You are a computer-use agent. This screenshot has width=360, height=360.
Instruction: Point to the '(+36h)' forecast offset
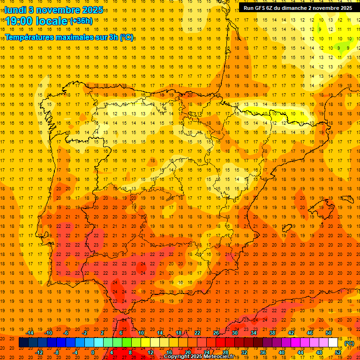coord(81,21)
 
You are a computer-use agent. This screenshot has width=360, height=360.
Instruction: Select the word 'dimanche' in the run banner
coord(295,8)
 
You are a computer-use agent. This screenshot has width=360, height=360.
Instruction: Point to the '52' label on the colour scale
coord(338,352)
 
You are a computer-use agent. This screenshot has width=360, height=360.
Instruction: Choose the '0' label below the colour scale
coord(93,352)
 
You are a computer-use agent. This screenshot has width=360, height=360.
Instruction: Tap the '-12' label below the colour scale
coord(39,352)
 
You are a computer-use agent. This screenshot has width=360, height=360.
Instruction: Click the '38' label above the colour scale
coord(272,333)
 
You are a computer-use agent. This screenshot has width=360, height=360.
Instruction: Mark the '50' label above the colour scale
coord(329,333)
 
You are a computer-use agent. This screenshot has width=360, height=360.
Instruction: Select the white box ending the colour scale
coord(333,343)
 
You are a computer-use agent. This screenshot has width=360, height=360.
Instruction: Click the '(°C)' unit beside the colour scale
coord(349,343)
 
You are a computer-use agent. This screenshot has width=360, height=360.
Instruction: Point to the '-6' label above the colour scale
coord(66,333)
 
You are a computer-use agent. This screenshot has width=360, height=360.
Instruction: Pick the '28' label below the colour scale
coord(225,352)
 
